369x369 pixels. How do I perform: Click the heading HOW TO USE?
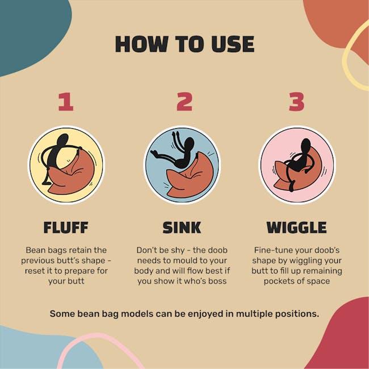click(x=184, y=44)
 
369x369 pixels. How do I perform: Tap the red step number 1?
click(x=66, y=102)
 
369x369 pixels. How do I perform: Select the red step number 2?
click(x=184, y=102)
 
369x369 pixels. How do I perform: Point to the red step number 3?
click(x=296, y=102)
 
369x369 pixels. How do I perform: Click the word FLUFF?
click(x=66, y=227)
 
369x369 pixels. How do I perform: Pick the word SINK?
click(x=182, y=227)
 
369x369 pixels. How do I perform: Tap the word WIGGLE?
click(x=297, y=227)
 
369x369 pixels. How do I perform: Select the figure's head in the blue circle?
click(x=189, y=144)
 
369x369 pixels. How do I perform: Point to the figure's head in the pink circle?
click(x=305, y=146)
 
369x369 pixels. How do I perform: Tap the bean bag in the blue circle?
click(x=190, y=177)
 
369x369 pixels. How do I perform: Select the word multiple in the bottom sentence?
click(x=254, y=314)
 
